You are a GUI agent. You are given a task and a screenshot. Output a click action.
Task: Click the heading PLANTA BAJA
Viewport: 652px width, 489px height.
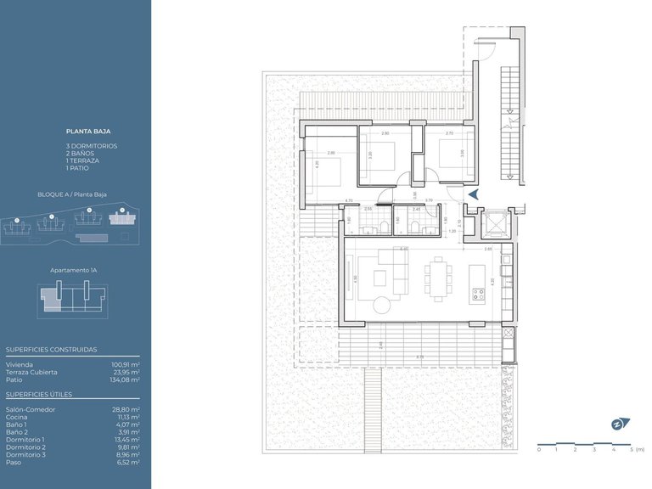tap(88, 132)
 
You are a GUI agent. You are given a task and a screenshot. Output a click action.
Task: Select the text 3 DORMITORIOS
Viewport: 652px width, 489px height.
tap(92, 146)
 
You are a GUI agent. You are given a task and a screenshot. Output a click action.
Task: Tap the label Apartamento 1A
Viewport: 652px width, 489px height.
tap(74, 269)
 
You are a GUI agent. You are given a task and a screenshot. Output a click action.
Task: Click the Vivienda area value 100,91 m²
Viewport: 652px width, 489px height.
tap(125, 364)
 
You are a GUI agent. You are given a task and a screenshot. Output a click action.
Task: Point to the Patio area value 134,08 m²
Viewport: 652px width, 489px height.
tap(125, 379)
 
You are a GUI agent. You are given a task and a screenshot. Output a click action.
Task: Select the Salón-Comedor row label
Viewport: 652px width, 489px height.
tap(31, 409)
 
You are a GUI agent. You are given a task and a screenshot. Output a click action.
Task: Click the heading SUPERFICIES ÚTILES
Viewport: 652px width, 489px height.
tap(39, 395)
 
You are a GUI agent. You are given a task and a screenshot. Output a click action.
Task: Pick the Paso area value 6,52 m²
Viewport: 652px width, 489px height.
tap(127, 463)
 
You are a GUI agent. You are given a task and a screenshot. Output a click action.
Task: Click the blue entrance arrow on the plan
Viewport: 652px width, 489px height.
tap(473, 194)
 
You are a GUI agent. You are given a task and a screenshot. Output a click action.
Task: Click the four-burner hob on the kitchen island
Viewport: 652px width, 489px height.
tap(477, 296)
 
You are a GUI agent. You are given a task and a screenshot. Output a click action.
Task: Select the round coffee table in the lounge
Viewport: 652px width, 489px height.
tap(380, 305)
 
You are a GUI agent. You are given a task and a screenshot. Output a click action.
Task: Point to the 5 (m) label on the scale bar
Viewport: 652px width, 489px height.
tap(636, 449)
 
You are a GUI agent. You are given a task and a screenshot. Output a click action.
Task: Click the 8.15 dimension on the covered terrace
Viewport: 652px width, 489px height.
tap(420, 357)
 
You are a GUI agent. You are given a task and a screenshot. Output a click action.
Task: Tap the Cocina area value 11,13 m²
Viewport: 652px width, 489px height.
tap(126, 417)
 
